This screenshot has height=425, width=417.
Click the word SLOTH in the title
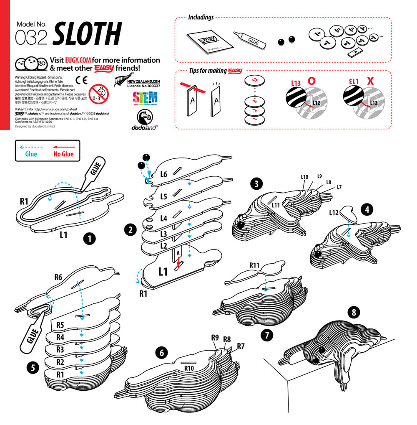coord(87,34)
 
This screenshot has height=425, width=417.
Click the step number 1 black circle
coord(89,239)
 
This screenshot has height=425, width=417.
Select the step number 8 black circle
coord(354,311)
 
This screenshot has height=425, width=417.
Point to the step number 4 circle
coord(367,209)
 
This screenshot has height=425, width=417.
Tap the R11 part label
coord(255,265)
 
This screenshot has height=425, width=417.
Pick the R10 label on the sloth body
coord(190,368)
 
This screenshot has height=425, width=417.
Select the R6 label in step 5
coord(58,276)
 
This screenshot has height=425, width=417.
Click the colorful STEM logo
coord(145,98)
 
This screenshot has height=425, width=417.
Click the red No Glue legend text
coord(63,154)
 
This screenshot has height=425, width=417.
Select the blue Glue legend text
coord(31,154)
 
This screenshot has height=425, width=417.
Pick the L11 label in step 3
coord(275,205)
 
